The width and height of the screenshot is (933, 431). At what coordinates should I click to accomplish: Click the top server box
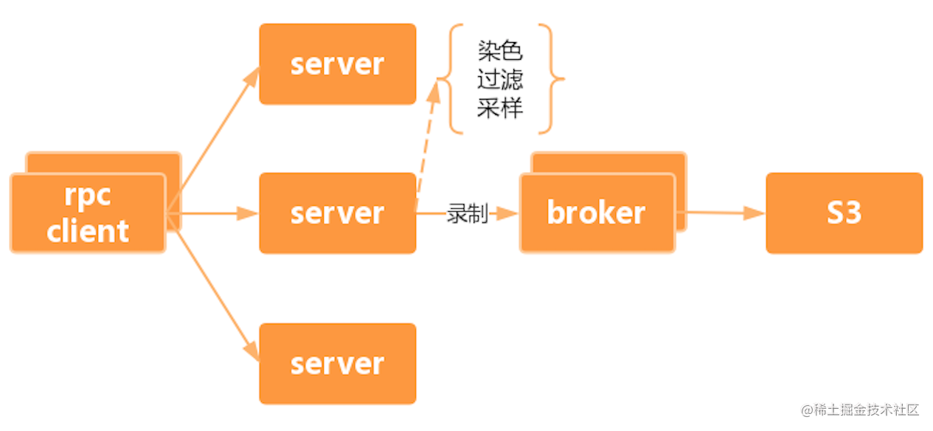click(337, 64)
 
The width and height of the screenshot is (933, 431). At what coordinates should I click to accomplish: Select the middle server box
click(337, 213)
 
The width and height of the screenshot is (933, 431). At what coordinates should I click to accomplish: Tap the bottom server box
click(337, 364)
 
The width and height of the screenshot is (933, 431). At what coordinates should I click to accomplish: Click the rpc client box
click(88, 214)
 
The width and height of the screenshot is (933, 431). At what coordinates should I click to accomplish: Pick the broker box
click(597, 213)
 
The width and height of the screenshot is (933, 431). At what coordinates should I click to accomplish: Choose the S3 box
click(844, 213)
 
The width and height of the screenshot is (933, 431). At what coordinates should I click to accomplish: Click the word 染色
click(499, 52)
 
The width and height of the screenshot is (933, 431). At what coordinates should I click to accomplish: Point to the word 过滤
click(499, 80)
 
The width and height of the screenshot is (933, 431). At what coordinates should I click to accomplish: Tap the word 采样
click(499, 108)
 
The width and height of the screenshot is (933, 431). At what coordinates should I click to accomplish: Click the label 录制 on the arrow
click(467, 213)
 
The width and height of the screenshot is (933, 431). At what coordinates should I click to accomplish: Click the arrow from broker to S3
click(719, 213)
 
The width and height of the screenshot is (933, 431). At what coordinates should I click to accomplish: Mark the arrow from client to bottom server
click(213, 288)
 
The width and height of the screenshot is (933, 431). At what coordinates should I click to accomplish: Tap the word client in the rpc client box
click(88, 231)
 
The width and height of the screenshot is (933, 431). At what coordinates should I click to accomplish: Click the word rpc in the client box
click(88, 196)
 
